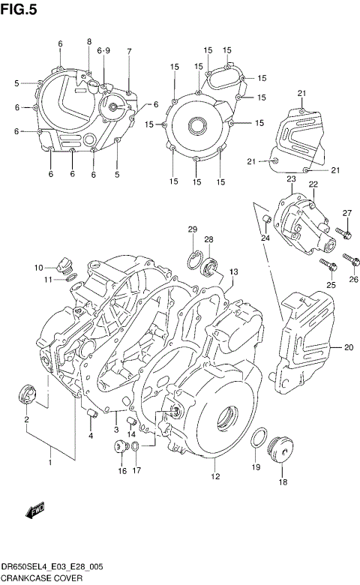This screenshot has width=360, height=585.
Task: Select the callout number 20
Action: click(x=348, y=347)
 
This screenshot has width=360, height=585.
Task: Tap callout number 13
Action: click(x=234, y=271)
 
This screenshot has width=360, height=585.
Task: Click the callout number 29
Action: click(x=193, y=229)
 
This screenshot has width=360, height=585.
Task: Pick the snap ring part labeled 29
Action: click(x=193, y=259)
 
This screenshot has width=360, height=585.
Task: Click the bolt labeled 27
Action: click(x=343, y=233)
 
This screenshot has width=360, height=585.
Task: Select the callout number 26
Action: click(x=353, y=280)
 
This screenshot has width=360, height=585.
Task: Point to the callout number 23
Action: click(x=291, y=178)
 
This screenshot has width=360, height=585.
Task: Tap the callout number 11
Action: click(x=47, y=280)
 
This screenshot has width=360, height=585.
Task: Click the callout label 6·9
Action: click(x=103, y=49)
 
